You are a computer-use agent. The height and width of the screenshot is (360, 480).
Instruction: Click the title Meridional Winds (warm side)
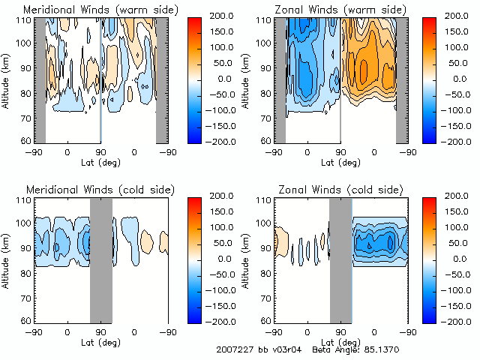90,9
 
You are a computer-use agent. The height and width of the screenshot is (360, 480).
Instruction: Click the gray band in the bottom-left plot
101,259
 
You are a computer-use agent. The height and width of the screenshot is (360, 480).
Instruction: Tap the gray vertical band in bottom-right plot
340,259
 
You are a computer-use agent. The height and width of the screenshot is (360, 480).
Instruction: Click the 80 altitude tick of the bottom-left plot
26,272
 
